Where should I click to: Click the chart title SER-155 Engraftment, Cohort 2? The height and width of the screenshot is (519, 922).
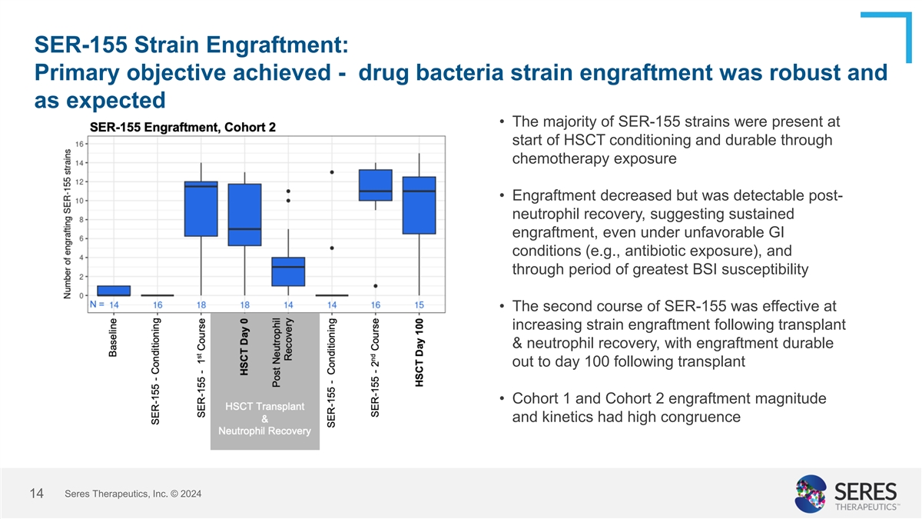tap(183, 127)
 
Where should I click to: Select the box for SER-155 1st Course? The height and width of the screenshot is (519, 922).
tap(201, 208)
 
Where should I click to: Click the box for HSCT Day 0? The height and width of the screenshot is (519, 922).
tap(244, 215)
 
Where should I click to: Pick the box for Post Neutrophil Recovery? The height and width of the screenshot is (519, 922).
tap(288, 271)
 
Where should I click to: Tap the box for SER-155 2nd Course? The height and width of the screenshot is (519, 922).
tap(376, 185)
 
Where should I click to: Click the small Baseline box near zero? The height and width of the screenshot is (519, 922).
tap(114, 291)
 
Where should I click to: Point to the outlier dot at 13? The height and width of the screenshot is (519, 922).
tap(332, 172)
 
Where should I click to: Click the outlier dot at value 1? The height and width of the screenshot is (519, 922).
tap(376, 286)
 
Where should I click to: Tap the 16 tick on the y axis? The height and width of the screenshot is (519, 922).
tap(80, 144)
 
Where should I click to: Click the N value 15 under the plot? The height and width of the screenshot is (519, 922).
tap(420, 305)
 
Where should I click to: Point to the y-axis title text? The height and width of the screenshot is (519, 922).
tap(68, 224)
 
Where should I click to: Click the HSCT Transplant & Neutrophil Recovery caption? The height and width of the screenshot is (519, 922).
tap(264, 418)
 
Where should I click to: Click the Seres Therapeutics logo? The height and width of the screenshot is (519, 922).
tap(846, 493)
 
